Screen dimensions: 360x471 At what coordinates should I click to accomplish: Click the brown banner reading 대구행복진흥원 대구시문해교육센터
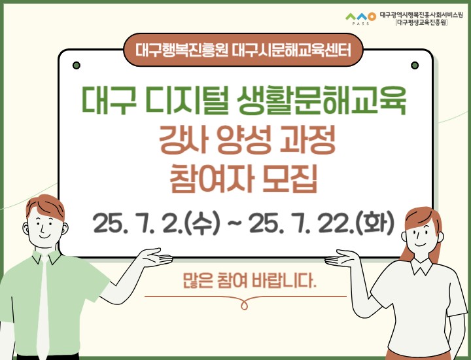point(245,48)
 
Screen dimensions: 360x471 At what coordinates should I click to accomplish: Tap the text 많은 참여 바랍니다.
point(249,283)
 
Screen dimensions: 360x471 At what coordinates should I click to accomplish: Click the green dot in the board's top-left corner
point(77,65)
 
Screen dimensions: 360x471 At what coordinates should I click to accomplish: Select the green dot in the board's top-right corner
point(413,65)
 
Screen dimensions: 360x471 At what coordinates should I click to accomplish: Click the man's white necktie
point(44,308)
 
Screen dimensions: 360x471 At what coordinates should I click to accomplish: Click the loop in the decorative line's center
point(245,302)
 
